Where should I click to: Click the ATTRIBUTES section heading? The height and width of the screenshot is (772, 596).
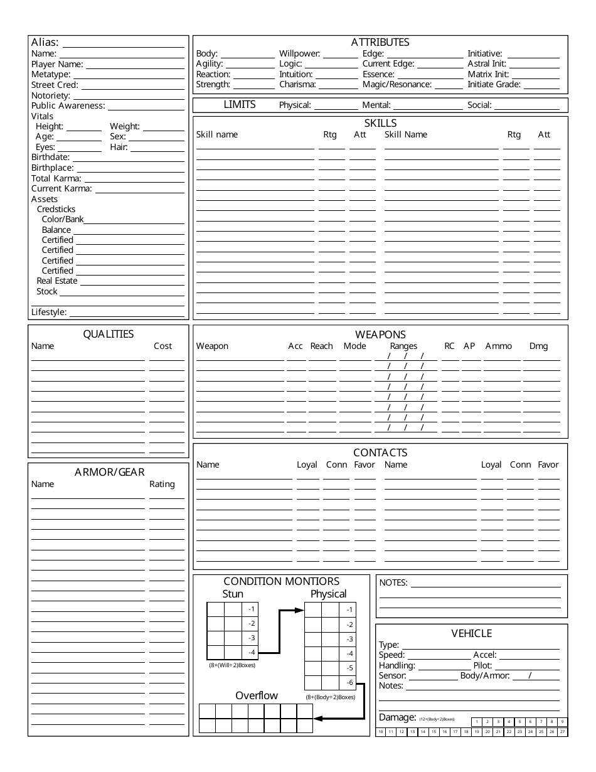click(x=380, y=42)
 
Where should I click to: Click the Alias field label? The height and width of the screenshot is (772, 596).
click(x=45, y=43)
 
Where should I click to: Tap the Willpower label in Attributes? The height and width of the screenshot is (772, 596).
click(x=299, y=54)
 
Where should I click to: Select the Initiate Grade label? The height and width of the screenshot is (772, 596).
click(x=494, y=84)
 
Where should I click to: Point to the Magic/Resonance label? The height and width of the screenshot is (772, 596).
click(x=396, y=84)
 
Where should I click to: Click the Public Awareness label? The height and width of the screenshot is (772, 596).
click(x=68, y=106)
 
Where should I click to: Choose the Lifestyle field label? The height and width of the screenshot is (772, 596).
click(x=49, y=312)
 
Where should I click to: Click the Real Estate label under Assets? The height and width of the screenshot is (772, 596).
click(x=57, y=281)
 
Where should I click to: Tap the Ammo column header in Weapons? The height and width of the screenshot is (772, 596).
click(x=498, y=346)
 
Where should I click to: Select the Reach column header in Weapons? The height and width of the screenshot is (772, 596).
click(x=321, y=346)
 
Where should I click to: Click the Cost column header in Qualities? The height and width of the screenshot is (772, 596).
click(x=162, y=346)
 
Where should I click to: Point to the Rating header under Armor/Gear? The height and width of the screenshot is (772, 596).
click(x=162, y=484)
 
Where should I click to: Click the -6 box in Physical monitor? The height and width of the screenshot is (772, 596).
click(x=349, y=683)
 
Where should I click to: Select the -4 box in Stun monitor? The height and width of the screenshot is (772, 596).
click(x=251, y=653)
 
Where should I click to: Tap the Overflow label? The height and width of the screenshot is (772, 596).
click(x=256, y=695)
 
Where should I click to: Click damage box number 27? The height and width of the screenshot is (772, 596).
click(x=562, y=732)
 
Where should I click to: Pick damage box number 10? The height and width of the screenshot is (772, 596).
click(x=380, y=732)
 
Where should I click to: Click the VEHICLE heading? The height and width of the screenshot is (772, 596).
click(x=471, y=633)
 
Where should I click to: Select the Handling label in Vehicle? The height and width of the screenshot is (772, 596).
click(x=396, y=665)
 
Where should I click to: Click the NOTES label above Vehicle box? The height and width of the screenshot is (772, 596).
click(x=393, y=582)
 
